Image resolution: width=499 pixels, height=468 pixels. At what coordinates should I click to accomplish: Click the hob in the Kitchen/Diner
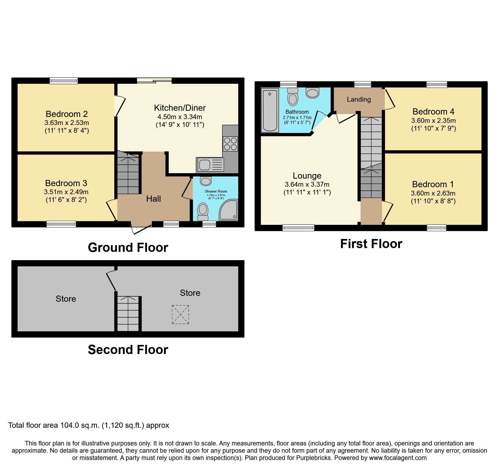[x=230, y=144]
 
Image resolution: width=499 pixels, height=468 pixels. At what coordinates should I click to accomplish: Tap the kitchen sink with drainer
[x=210, y=165]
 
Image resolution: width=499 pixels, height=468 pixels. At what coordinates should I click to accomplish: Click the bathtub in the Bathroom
[x=270, y=110]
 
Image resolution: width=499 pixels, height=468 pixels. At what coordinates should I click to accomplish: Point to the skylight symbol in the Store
[x=180, y=315]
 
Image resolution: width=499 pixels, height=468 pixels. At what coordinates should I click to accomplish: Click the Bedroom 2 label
[x=67, y=114]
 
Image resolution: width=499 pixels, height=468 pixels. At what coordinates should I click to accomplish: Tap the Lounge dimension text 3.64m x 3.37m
[x=307, y=185]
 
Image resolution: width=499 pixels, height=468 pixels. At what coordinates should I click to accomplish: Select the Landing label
[x=359, y=100]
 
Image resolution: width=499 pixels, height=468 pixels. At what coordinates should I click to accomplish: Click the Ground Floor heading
[x=128, y=247]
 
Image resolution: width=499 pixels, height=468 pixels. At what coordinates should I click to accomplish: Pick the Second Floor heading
[x=128, y=350]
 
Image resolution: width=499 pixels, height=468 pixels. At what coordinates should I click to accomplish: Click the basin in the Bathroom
[x=312, y=93]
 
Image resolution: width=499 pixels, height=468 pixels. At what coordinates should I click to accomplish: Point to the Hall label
[x=153, y=199]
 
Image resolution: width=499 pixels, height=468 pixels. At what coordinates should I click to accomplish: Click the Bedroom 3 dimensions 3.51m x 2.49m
[x=66, y=192]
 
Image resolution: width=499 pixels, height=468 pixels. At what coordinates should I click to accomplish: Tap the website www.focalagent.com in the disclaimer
[x=398, y=458]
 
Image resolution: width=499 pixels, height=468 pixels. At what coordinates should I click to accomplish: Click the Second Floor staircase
[x=128, y=314]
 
